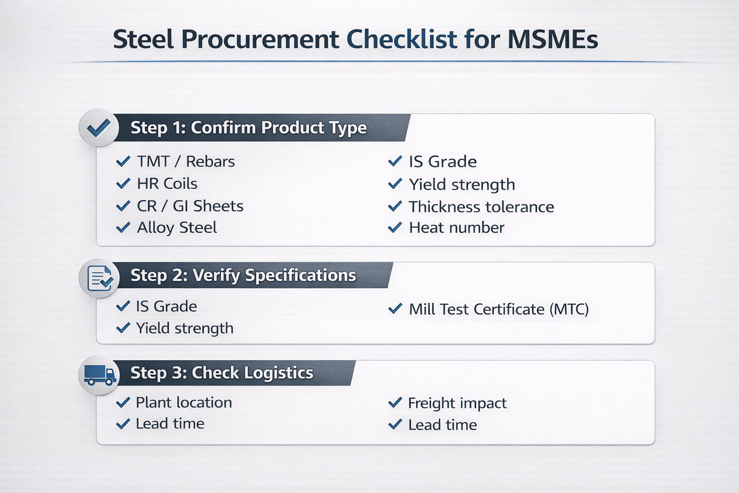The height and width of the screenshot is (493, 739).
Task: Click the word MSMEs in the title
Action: coord(553,39)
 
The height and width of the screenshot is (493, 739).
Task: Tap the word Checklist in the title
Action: coord(402,39)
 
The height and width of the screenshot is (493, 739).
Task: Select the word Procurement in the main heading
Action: coord(260,39)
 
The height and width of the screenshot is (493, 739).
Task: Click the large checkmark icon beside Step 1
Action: coord(99,128)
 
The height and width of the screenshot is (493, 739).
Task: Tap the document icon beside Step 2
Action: coord(100,278)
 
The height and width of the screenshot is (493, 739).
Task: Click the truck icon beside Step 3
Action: coord(100,375)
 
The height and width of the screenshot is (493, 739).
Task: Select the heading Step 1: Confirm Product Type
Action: coord(248,128)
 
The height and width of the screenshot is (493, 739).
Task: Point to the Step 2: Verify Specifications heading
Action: coord(243,275)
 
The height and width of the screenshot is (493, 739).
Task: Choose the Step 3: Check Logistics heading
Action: coord(222,373)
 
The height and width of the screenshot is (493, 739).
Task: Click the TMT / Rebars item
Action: coord(186,161)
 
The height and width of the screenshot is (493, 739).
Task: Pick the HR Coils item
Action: coord(167,183)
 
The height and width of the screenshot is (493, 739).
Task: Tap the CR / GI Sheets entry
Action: coord(190,206)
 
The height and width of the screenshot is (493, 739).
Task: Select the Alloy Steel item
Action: coord(177,228)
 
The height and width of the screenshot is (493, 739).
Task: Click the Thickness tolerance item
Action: coord(481,207)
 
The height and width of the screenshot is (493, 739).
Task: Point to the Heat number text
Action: coord(457,228)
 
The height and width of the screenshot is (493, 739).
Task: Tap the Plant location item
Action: coord(184,402)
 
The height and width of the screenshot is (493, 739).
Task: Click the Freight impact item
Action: coord(457,403)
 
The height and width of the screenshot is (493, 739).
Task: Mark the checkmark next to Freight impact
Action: coord(395,402)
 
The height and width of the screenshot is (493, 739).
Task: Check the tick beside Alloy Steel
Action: coord(123,228)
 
